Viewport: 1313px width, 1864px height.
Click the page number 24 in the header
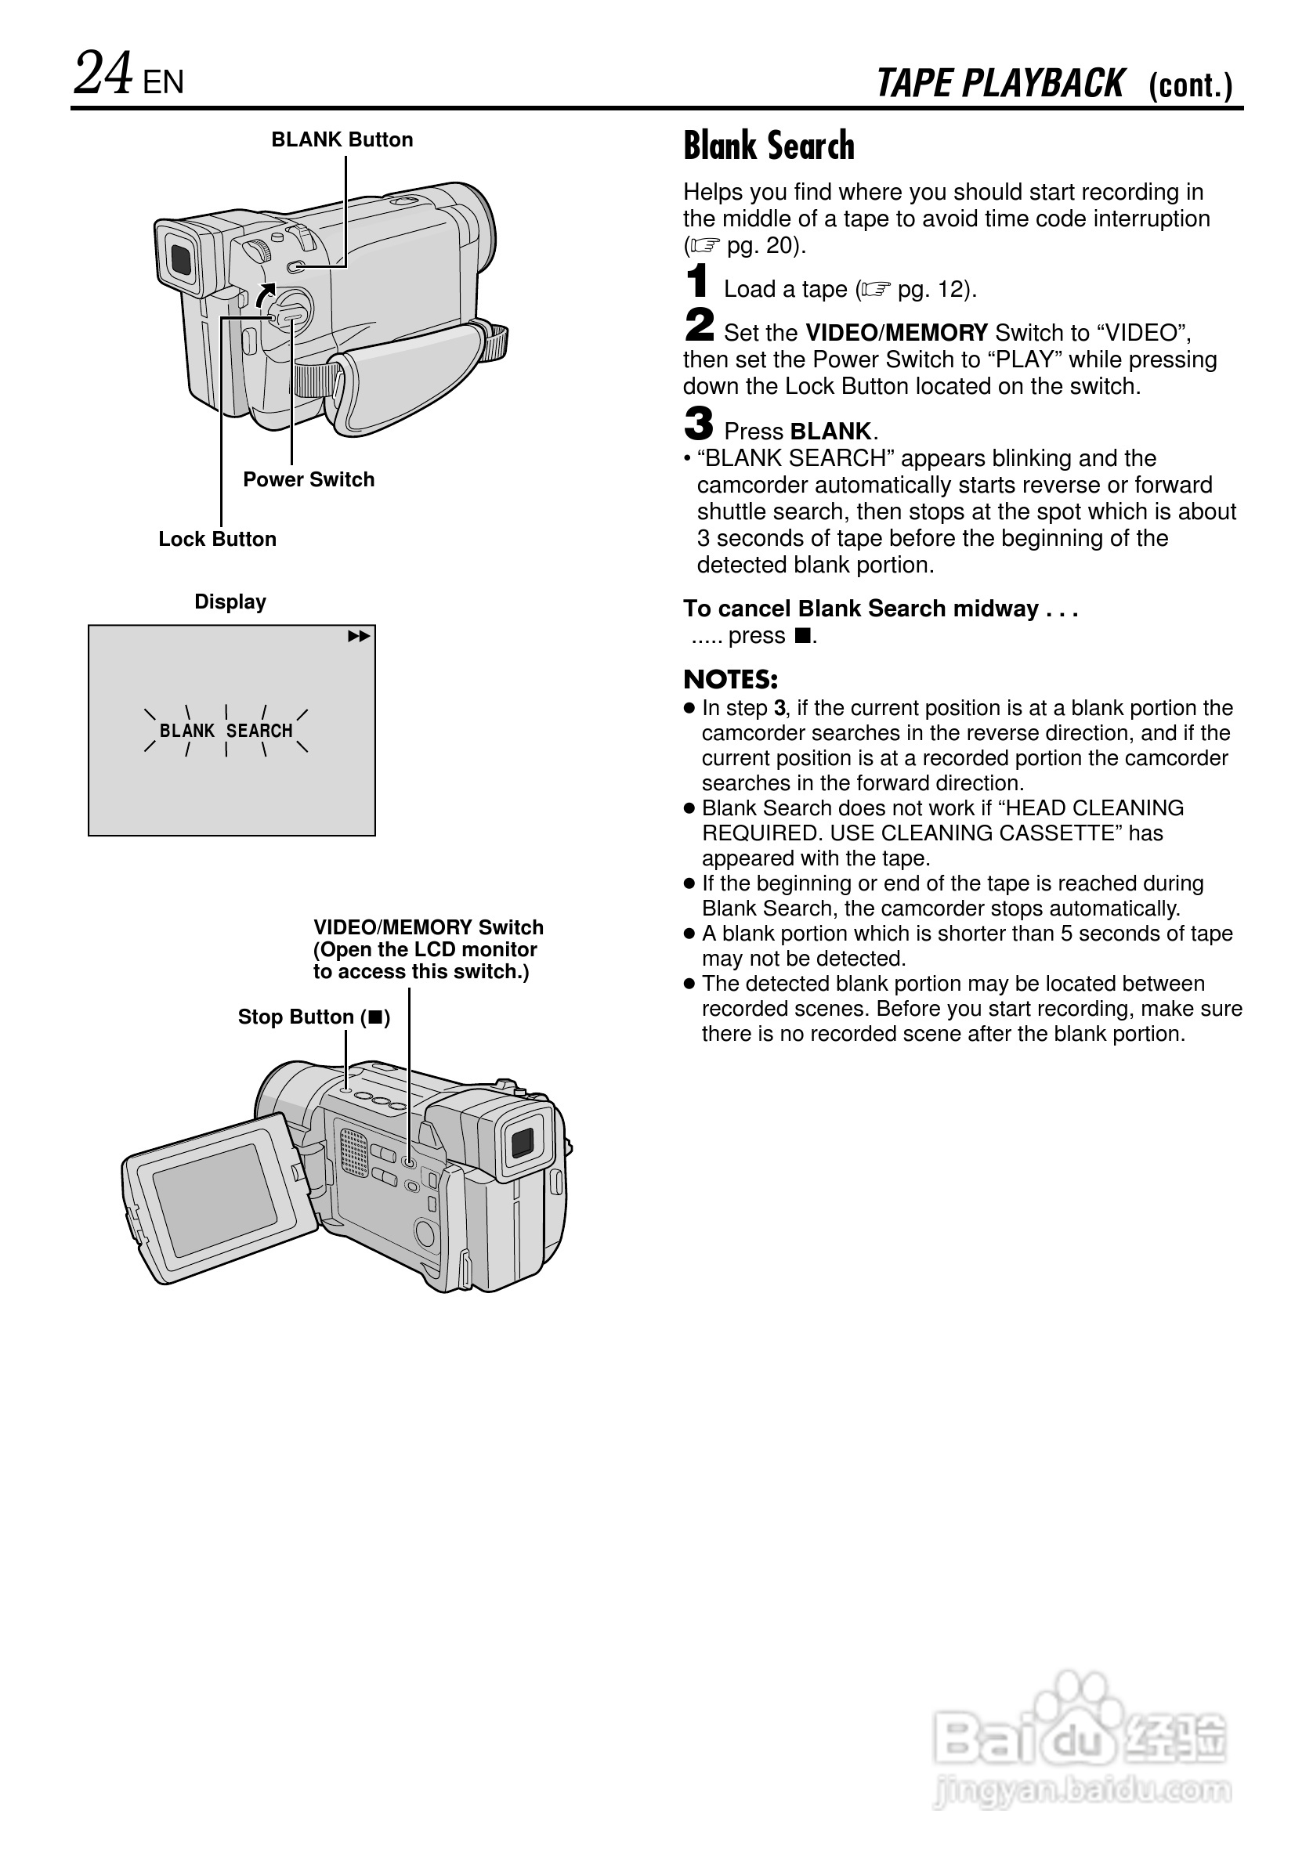[x=103, y=74]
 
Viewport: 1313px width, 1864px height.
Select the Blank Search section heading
[x=769, y=146]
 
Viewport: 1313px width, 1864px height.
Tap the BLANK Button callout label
[x=342, y=139]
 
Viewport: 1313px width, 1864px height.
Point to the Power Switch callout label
[x=309, y=479]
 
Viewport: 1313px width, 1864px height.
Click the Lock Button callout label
[x=217, y=539]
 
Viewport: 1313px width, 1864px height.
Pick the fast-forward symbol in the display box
[x=358, y=637]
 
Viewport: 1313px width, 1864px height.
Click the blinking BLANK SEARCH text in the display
[x=226, y=731]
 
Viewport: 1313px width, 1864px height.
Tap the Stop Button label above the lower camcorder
[x=313, y=1017]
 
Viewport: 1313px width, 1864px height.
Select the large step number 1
[x=696, y=283]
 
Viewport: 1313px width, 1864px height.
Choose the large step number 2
[x=698, y=326]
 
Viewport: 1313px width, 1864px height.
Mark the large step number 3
[x=698, y=424]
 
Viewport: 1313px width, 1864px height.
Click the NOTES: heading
[x=730, y=680]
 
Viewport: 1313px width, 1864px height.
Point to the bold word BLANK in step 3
[x=830, y=431]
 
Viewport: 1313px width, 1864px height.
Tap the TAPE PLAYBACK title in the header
[x=1000, y=84]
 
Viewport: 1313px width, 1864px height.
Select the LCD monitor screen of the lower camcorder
[x=214, y=1190]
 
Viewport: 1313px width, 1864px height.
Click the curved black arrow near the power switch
[x=264, y=295]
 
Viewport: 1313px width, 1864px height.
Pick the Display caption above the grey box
[x=230, y=601]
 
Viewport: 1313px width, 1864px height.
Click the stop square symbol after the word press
[x=802, y=636]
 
